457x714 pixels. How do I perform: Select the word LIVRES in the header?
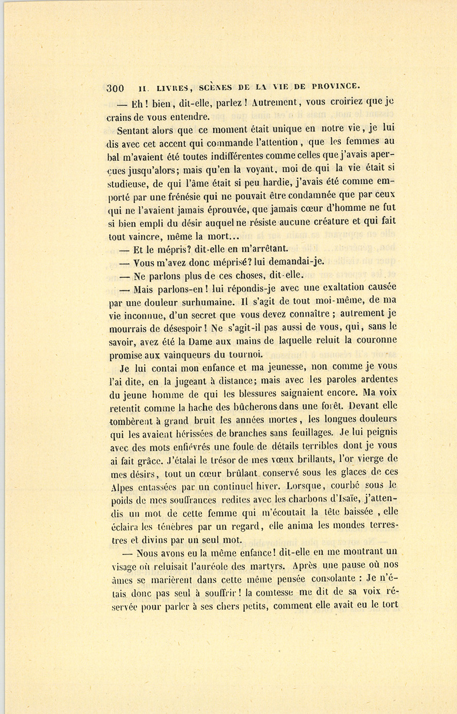pyautogui.click(x=161, y=87)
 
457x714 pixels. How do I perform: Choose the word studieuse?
pyautogui.click(x=128, y=183)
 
